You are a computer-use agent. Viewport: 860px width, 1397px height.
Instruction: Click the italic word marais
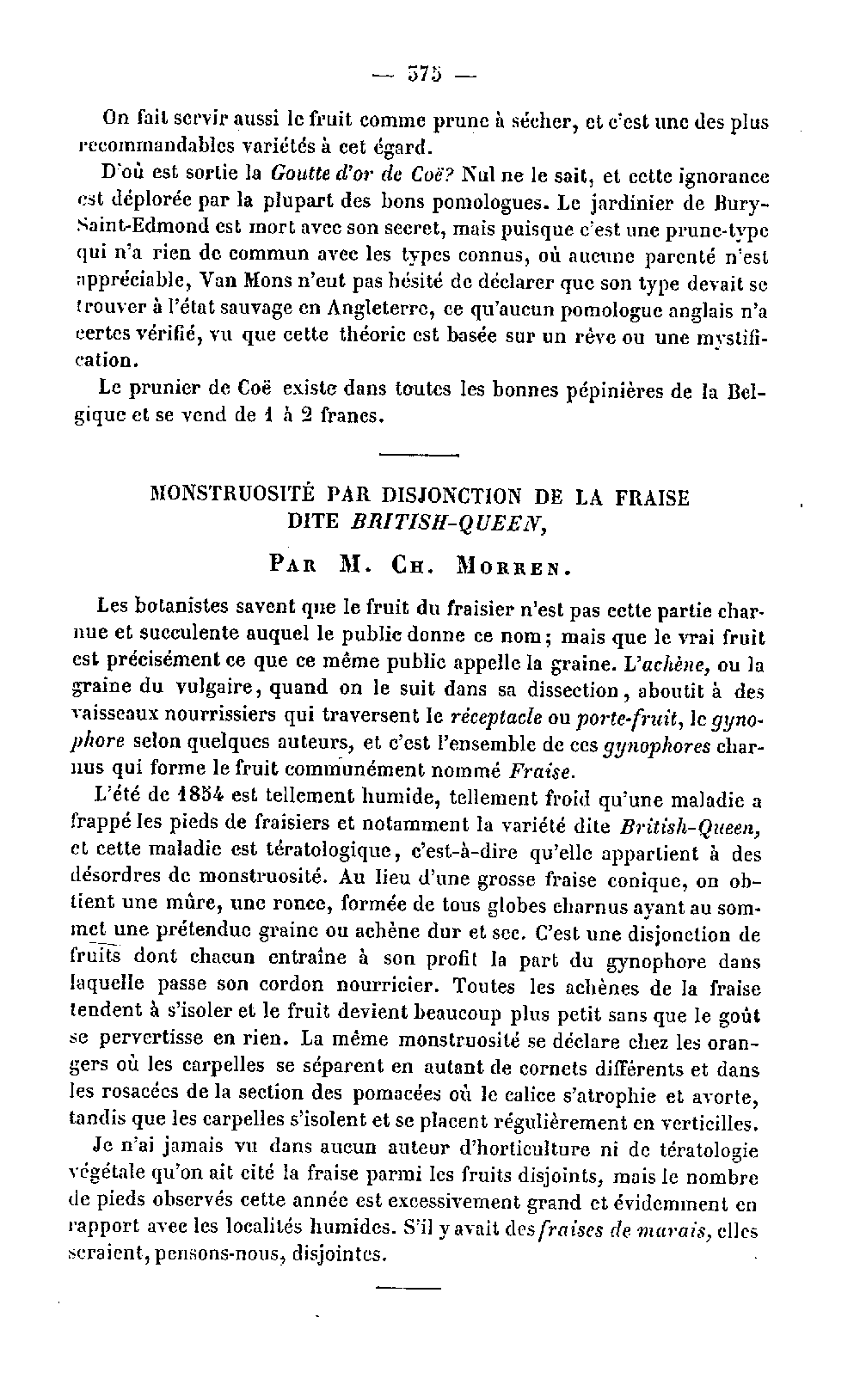(x=666, y=1230)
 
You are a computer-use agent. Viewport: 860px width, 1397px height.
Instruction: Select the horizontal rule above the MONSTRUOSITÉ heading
(x=419, y=456)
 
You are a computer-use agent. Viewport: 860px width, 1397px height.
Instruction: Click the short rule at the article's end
(x=408, y=1287)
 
